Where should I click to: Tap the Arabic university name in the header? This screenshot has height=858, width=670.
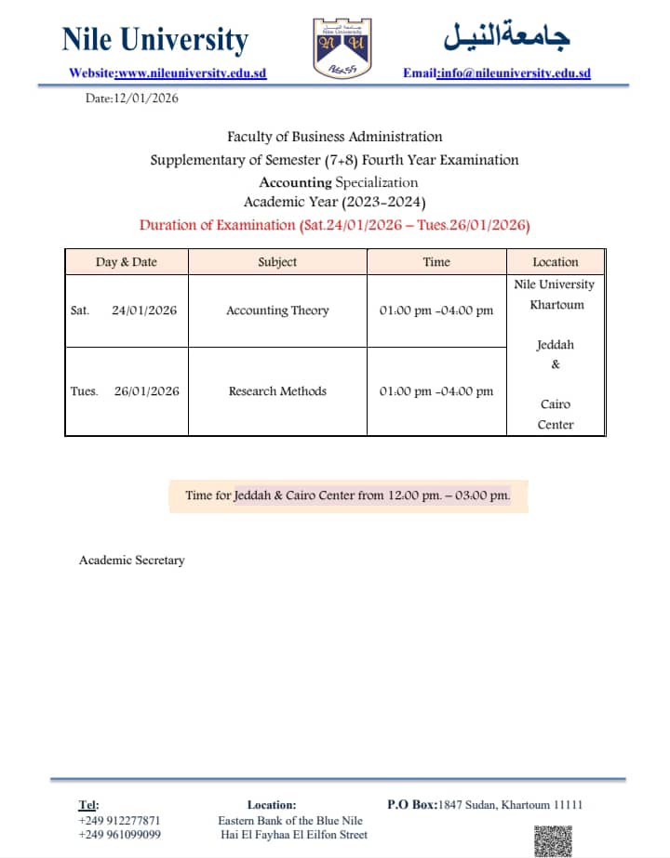click(506, 36)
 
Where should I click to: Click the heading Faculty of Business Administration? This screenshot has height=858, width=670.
click(335, 137)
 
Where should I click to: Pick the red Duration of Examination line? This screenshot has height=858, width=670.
click(334, 225)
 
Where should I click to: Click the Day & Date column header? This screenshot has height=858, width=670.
click(127, 262)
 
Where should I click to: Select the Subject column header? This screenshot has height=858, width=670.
click(277, 262)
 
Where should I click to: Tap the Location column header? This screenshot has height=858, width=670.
click(556, 262)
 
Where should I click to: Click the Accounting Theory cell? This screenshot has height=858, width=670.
click(277, 310)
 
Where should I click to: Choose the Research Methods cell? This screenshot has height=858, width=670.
click(277, 391)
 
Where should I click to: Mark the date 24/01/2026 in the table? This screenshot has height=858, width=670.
click(144, 310)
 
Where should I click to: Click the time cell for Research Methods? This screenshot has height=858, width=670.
click(436, 391)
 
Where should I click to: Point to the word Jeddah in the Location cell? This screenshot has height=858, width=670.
click(556, 345)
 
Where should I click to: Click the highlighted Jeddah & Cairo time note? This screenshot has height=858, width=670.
click(348, 495)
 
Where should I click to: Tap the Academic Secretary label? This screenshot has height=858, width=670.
click(132, 561)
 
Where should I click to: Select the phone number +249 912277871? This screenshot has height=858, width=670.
click(119, 821)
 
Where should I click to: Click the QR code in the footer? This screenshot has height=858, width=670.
click(553, 840)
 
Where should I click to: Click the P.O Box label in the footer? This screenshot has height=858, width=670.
click(410, 804)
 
